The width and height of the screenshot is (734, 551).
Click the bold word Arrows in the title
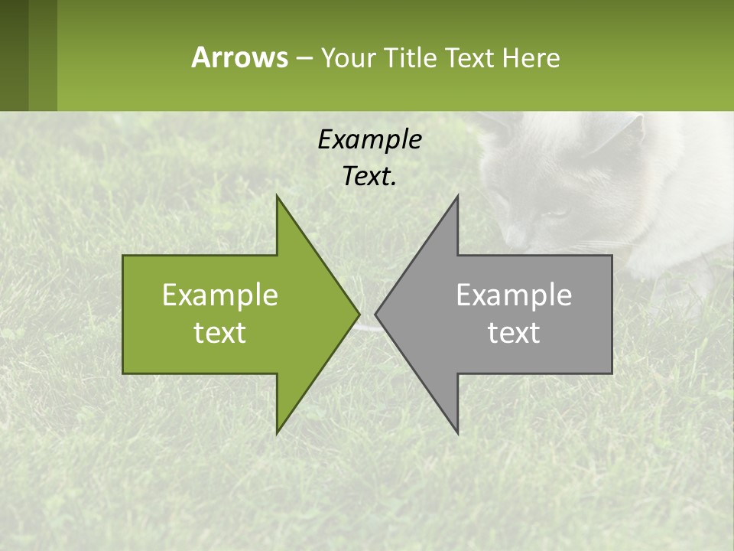click(x=239, y=57)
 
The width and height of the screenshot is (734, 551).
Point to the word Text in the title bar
click(x=471, y=57)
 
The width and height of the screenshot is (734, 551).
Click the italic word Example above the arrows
click(x=369, y=140)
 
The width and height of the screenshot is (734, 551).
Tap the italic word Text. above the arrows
click(x=369, y=177)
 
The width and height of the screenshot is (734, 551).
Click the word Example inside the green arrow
click(x=220, y=295)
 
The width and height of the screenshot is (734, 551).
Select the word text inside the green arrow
click(x=220, y=332)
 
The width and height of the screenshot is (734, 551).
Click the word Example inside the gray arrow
click(x=514, y=295)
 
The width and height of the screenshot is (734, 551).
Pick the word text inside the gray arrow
click(x=514, y=332)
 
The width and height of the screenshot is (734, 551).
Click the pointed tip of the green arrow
click(x=358, y=314)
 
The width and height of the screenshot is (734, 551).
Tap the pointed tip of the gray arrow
click(x=377, y=314)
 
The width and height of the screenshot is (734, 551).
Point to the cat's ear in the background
click(x=623, y=134)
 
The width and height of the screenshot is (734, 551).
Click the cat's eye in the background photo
click(x=557, y=213)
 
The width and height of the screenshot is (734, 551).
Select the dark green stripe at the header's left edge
click(x=14, y=55)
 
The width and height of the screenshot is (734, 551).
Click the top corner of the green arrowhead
click(x=278, y=198)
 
